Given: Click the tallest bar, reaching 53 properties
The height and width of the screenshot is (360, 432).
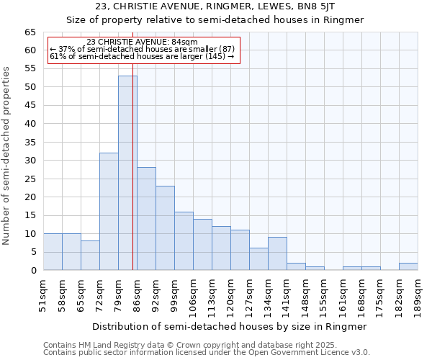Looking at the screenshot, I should point(127,173).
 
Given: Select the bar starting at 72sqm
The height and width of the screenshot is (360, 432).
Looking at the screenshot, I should point(109,212).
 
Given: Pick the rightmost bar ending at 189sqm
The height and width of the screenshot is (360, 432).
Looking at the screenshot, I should point(408,266).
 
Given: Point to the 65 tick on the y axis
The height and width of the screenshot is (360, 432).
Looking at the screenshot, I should point(30,32).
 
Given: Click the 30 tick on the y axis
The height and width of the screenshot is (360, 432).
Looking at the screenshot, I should point(30,161).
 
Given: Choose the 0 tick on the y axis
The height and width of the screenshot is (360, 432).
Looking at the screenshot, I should point(33,271).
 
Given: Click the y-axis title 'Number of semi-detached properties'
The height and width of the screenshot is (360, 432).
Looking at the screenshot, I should point(7,156).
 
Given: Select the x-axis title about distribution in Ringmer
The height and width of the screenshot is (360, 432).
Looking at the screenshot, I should point(230,326).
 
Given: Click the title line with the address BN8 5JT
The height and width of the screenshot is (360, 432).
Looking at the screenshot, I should point(215,6).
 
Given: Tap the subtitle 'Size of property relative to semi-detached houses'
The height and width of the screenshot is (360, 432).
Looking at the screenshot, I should point(215,20).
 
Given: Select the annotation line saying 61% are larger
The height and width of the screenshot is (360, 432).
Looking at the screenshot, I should point(142,56).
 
